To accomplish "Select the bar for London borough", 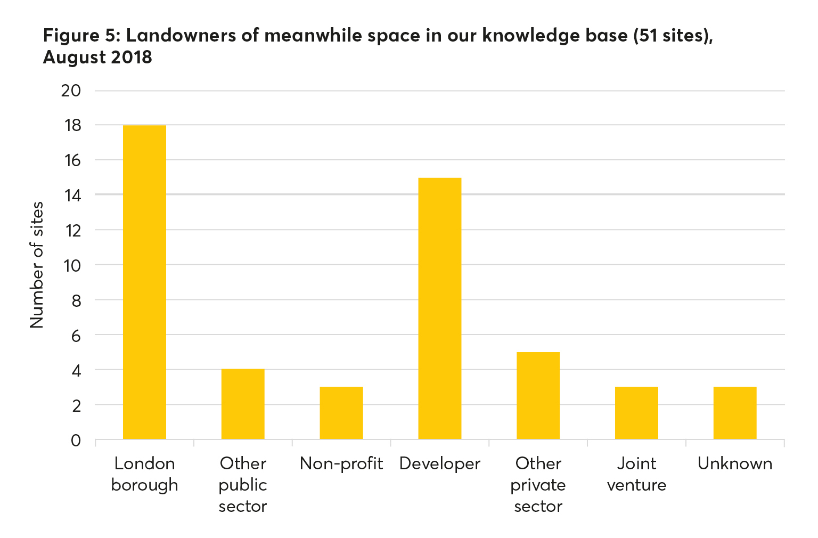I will coord(144,282).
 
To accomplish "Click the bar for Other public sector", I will coord(243,404).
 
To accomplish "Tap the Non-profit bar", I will coord(341,413).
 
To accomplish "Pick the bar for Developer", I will coord(440,308).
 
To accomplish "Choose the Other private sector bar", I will coord(538,396).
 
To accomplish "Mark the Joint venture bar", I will coord(636,413).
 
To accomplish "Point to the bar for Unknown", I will coord(735,413).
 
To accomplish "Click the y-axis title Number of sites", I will coord(37,265).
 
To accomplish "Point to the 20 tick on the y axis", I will coord(71,91).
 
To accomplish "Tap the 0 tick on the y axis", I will coord(76,441).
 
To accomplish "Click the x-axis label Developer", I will coord(440,464).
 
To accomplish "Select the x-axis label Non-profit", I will coord(341,464).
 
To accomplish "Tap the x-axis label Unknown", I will coord(735,464).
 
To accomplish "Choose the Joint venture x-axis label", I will coord(636,474).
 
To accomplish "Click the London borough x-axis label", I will coord(144,474).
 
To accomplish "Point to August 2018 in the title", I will coord(97,57).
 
